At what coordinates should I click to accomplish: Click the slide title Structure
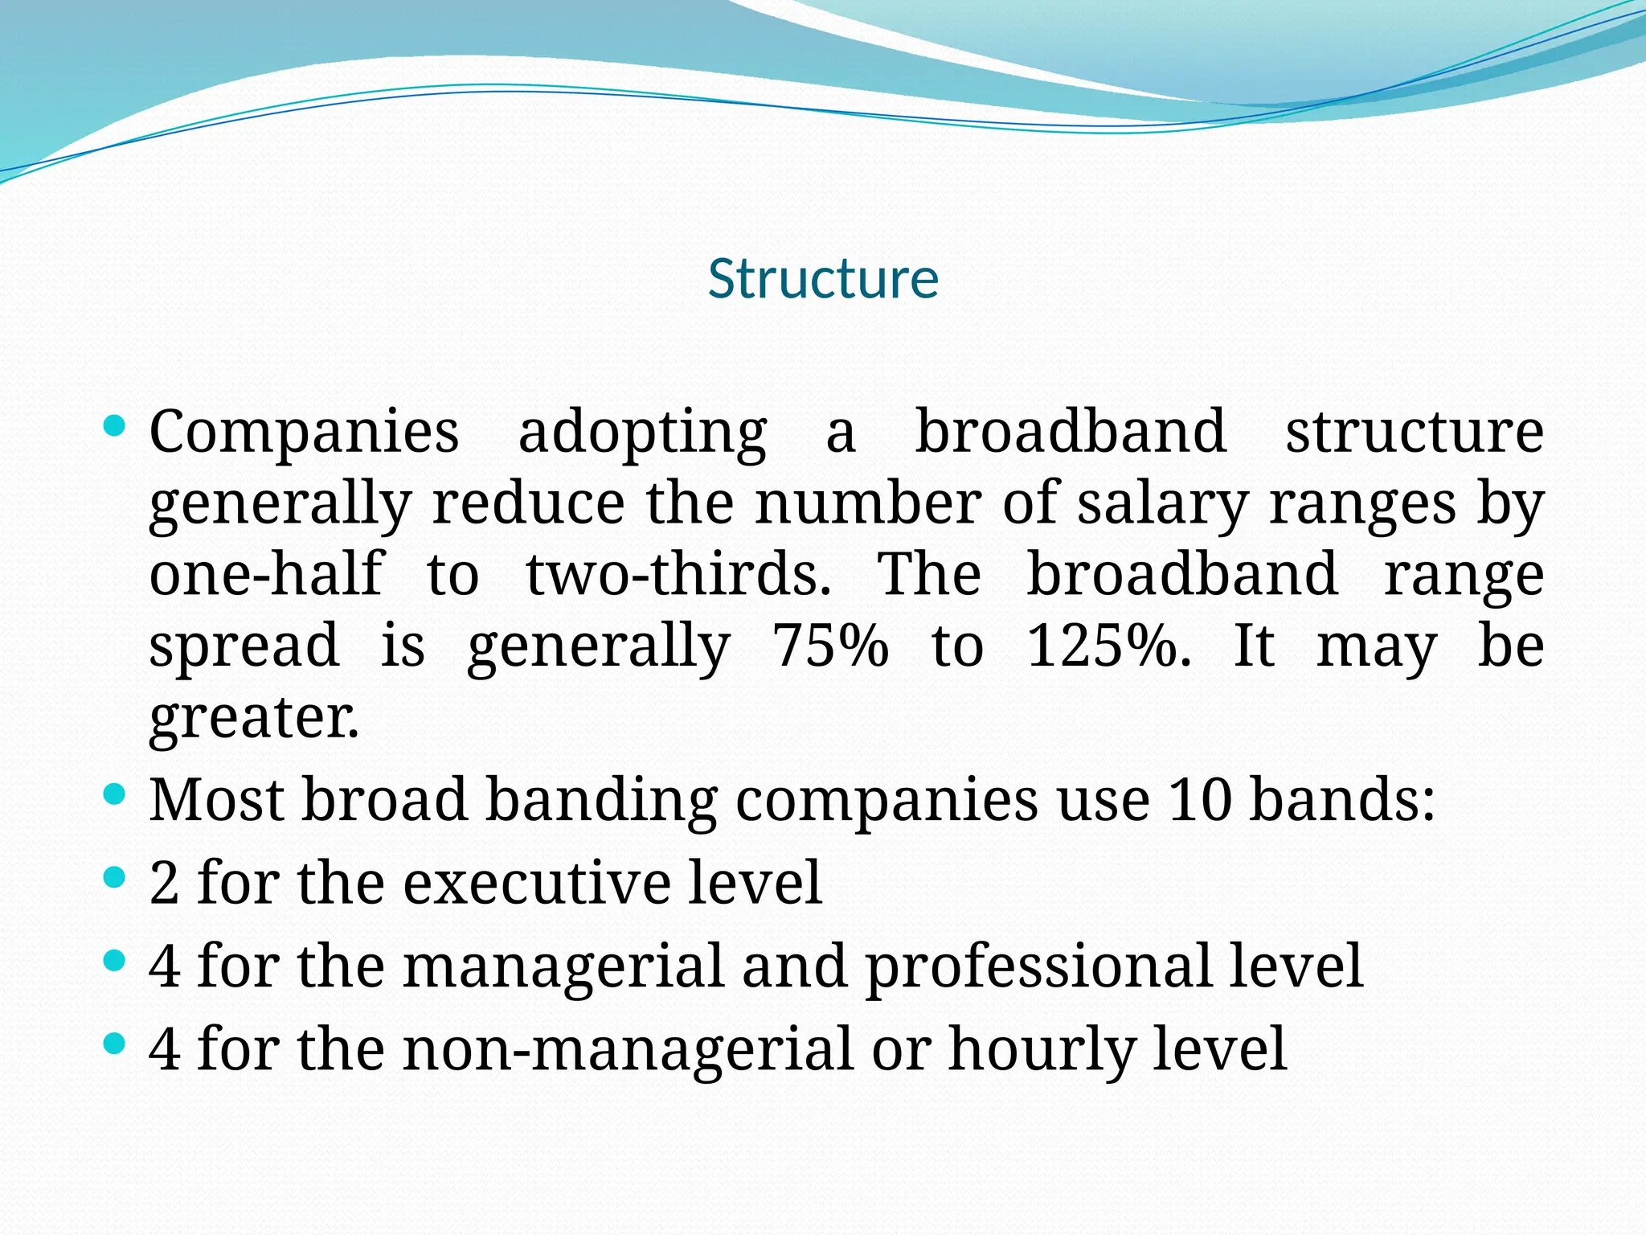[x=823, y=279]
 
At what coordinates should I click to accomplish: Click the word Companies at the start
[x=304, y=433]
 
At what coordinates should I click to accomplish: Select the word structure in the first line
[x=1415, y=433]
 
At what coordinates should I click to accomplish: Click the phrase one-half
[x=267, y=574]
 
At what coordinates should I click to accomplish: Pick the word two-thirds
[x=678, y=574]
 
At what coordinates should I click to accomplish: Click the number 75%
[x=830, y=646]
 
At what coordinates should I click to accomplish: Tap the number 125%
[x=1109, y=646]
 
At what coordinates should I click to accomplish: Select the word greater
[x=254, y=717]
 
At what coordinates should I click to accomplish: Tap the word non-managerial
[x=627, y=1049]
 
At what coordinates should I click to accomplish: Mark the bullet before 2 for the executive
[x=115, y=878]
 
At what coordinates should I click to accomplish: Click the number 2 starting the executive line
[x=164, y=884]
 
